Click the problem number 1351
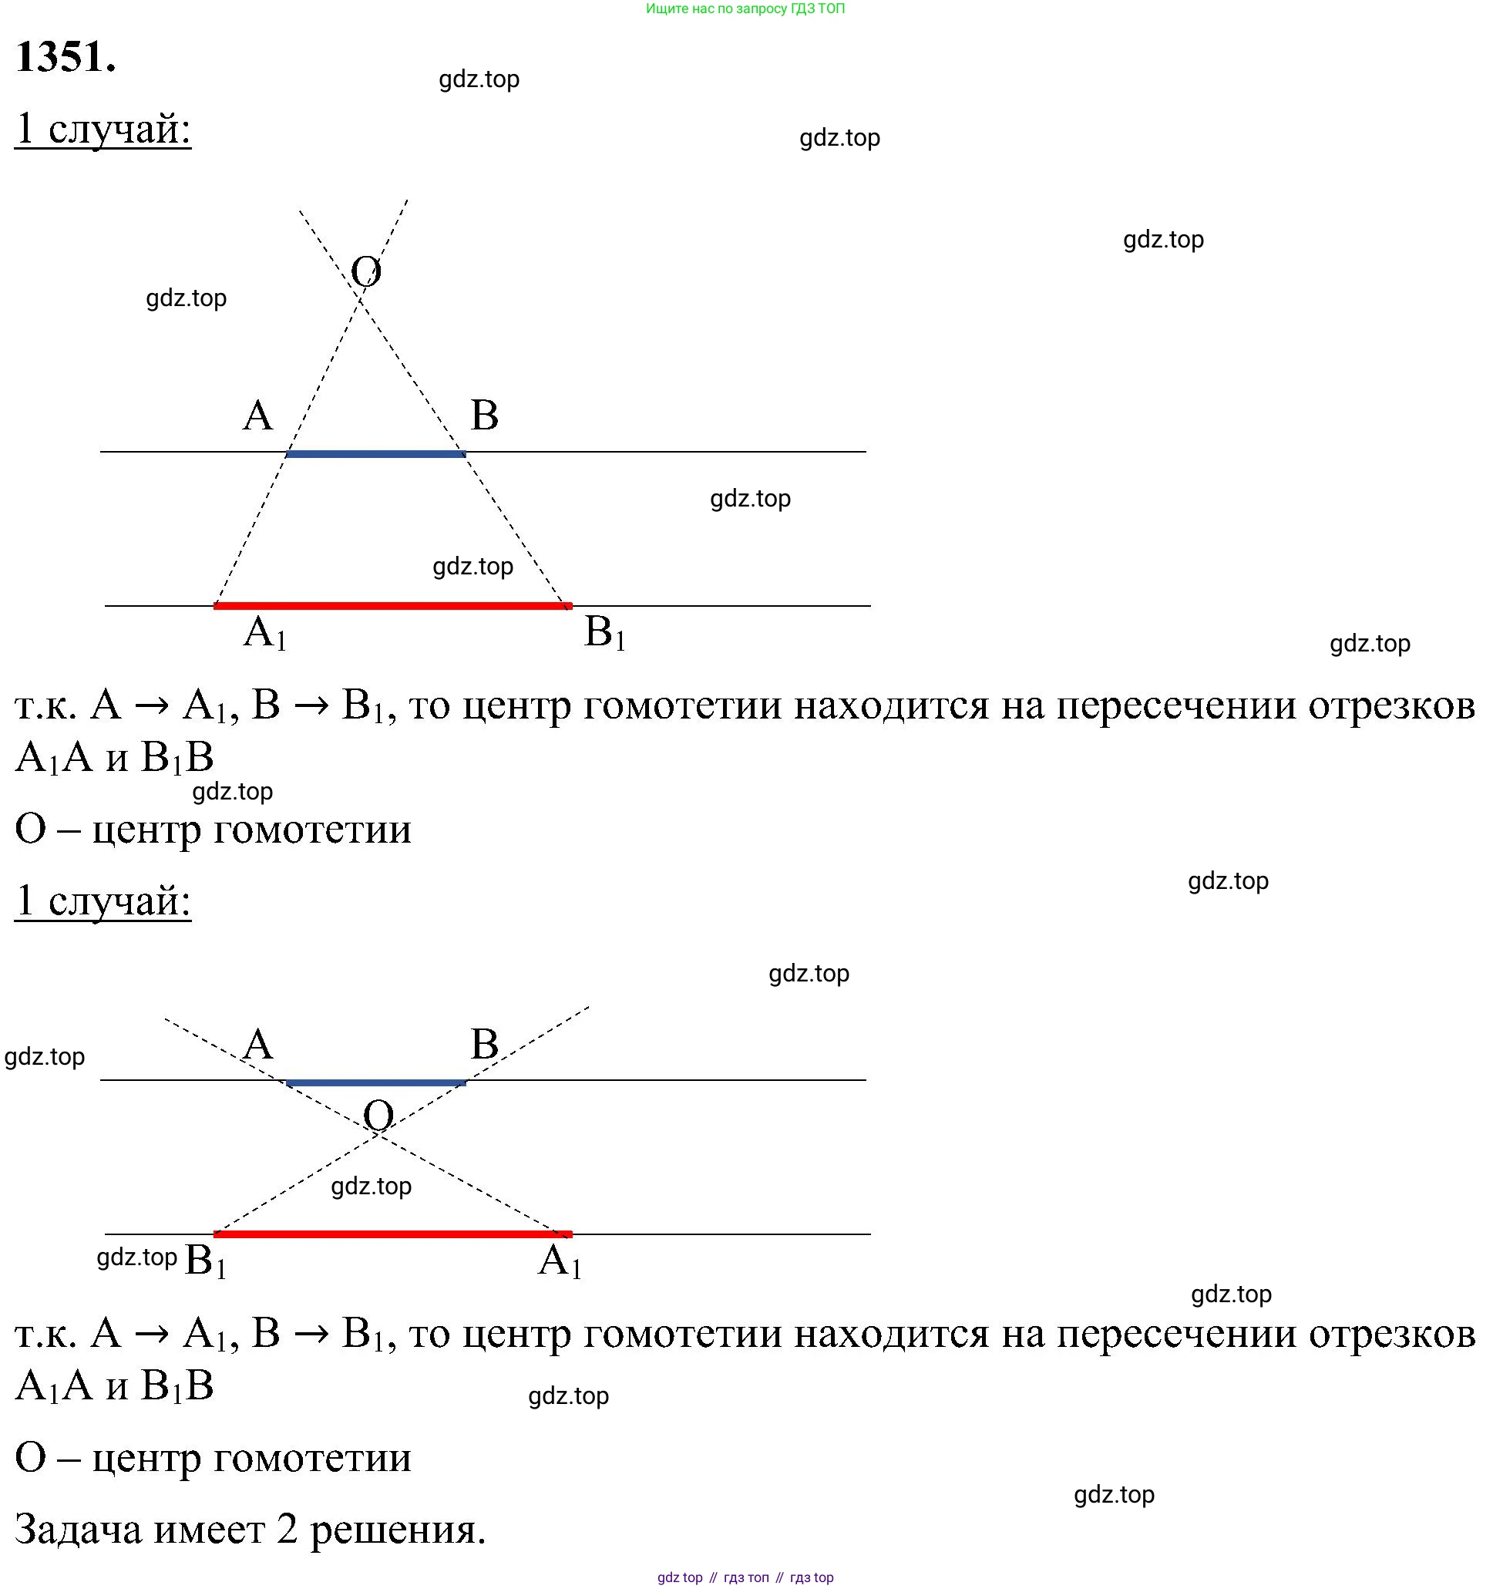66,58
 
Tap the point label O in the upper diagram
366,271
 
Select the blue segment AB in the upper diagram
375,454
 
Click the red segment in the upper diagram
393,607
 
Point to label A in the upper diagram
258,416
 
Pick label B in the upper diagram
484,416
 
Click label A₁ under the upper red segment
265,634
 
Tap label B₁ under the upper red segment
605,633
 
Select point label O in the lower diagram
378,1115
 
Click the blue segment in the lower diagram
375,1083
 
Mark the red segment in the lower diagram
393,1235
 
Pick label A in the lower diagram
258,1045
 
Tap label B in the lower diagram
484,1045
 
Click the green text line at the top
745,8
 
